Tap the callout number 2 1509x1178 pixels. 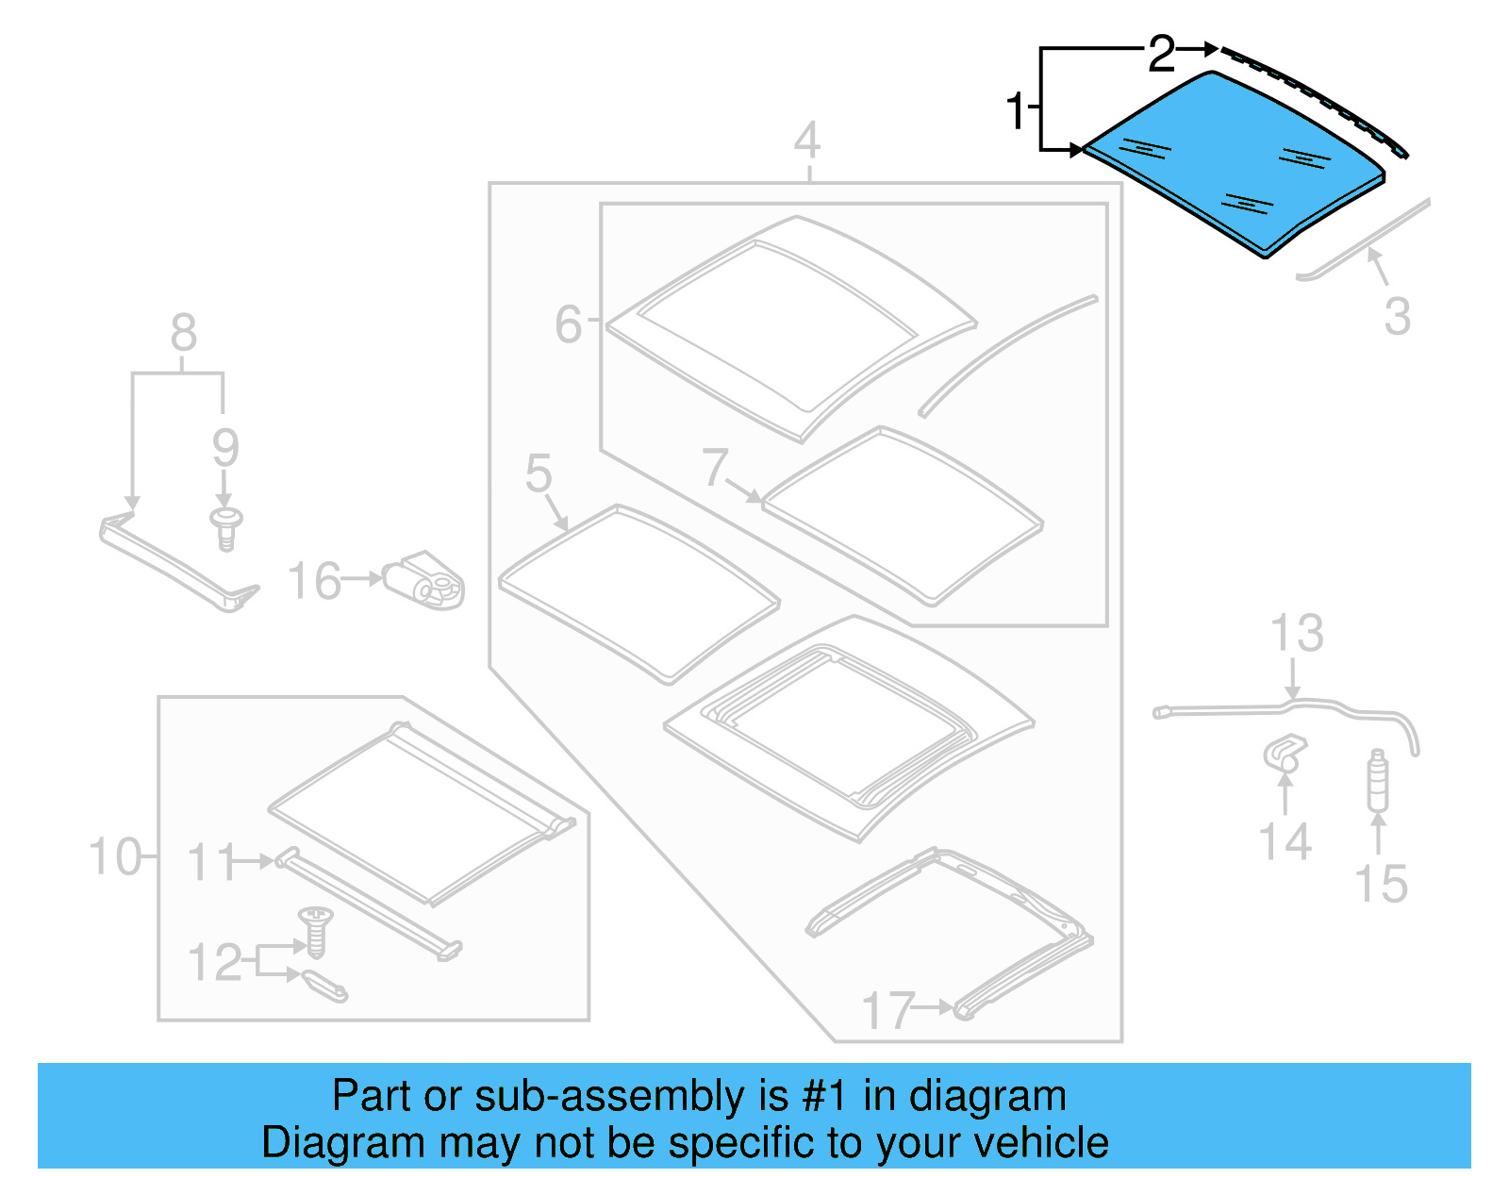click(1161, 54)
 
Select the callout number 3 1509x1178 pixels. click(1397, 316)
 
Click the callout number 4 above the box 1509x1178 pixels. click(806, 141)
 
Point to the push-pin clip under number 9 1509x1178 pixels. click(225, 528)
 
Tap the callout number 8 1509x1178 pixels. click(183, 333)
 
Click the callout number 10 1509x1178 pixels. click(114, 857)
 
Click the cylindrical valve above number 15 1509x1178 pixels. click(1378, 780)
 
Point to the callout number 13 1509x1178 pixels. click(1297, 633)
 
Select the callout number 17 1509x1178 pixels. click(887, 1010)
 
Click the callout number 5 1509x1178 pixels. click(539, 473)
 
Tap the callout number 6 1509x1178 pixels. click(569, 324)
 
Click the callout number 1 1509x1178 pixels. click(1016, 111)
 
